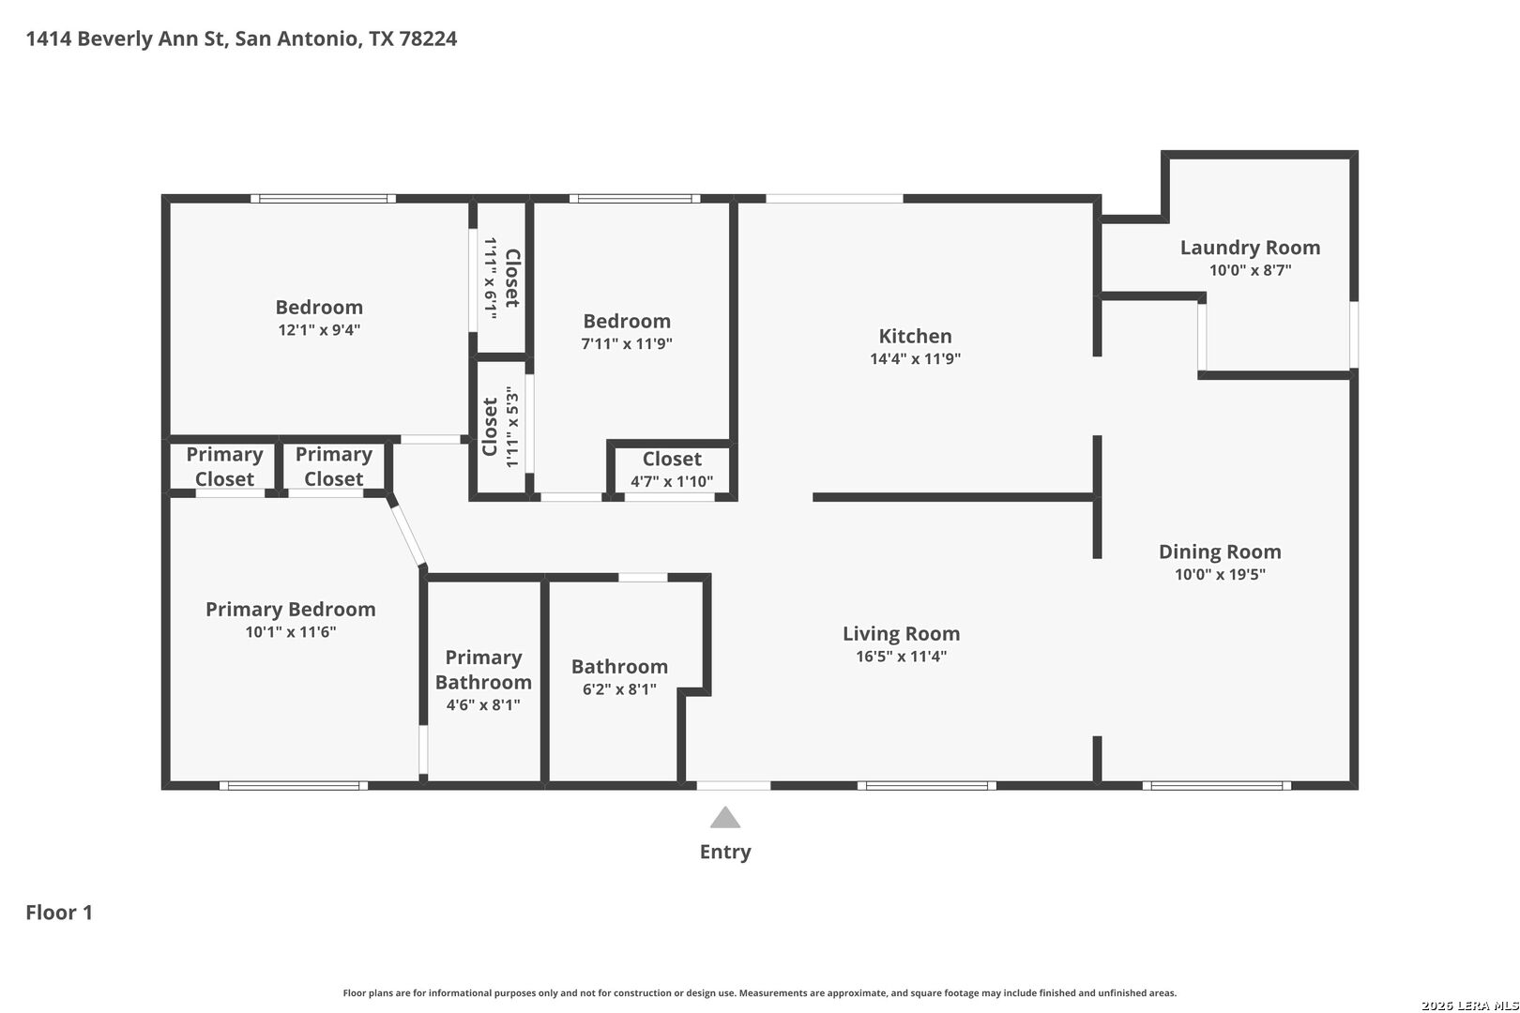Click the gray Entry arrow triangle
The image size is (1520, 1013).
724,818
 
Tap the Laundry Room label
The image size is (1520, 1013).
1250,248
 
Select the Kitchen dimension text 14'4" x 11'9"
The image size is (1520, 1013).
916,358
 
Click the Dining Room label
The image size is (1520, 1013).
1220,552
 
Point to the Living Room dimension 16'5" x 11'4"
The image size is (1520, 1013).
901,657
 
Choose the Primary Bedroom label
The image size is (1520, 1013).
291,610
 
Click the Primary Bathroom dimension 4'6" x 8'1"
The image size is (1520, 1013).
483,705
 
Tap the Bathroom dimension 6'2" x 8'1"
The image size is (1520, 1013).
619,689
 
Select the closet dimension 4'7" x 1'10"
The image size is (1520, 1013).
672,482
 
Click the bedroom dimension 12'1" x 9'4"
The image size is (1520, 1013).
319,330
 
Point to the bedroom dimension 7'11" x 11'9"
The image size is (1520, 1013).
627,343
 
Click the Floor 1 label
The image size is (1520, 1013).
59,913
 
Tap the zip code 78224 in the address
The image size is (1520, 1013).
428,38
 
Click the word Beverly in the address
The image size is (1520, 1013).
114,38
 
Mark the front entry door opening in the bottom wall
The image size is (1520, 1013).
734,786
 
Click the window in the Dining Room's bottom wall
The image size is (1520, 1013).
1217,786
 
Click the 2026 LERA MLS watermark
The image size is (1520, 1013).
1469,1005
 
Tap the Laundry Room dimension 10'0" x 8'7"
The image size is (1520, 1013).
1250,270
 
